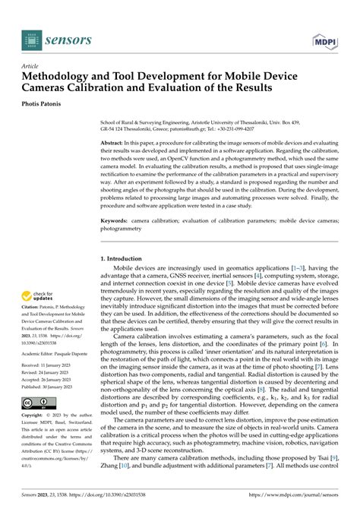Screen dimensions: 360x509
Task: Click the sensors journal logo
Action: click(58, 38)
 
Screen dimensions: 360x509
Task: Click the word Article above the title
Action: click(32, 66)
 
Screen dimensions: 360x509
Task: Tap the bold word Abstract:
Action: click(115, 142)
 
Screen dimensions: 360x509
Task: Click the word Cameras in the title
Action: click(52, 88)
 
